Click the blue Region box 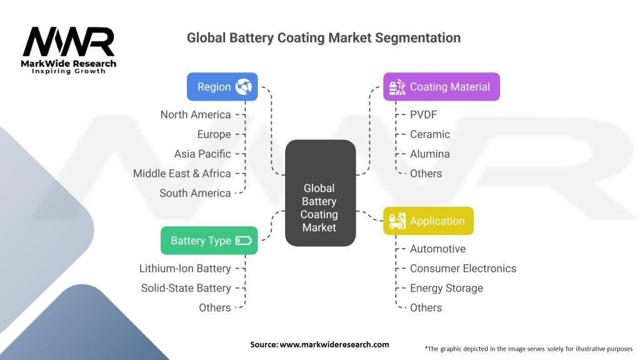[222, 87]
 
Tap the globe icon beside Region [243, 87]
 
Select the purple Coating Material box [441, 87]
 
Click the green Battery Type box [209, 241]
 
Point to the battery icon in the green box [244, 241]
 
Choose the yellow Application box [428, 221]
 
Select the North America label [196, 114]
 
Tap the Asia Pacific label [202, 154]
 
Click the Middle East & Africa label [182, 173]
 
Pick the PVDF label [422, 114]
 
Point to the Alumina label [429, 154]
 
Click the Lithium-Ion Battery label [185, 268]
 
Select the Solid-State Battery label [186, 288]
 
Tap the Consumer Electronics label [463, 268]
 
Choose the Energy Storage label [446, 288]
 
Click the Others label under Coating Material [426, 173]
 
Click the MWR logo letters [69, 42]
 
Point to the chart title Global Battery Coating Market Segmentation [324, 37]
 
